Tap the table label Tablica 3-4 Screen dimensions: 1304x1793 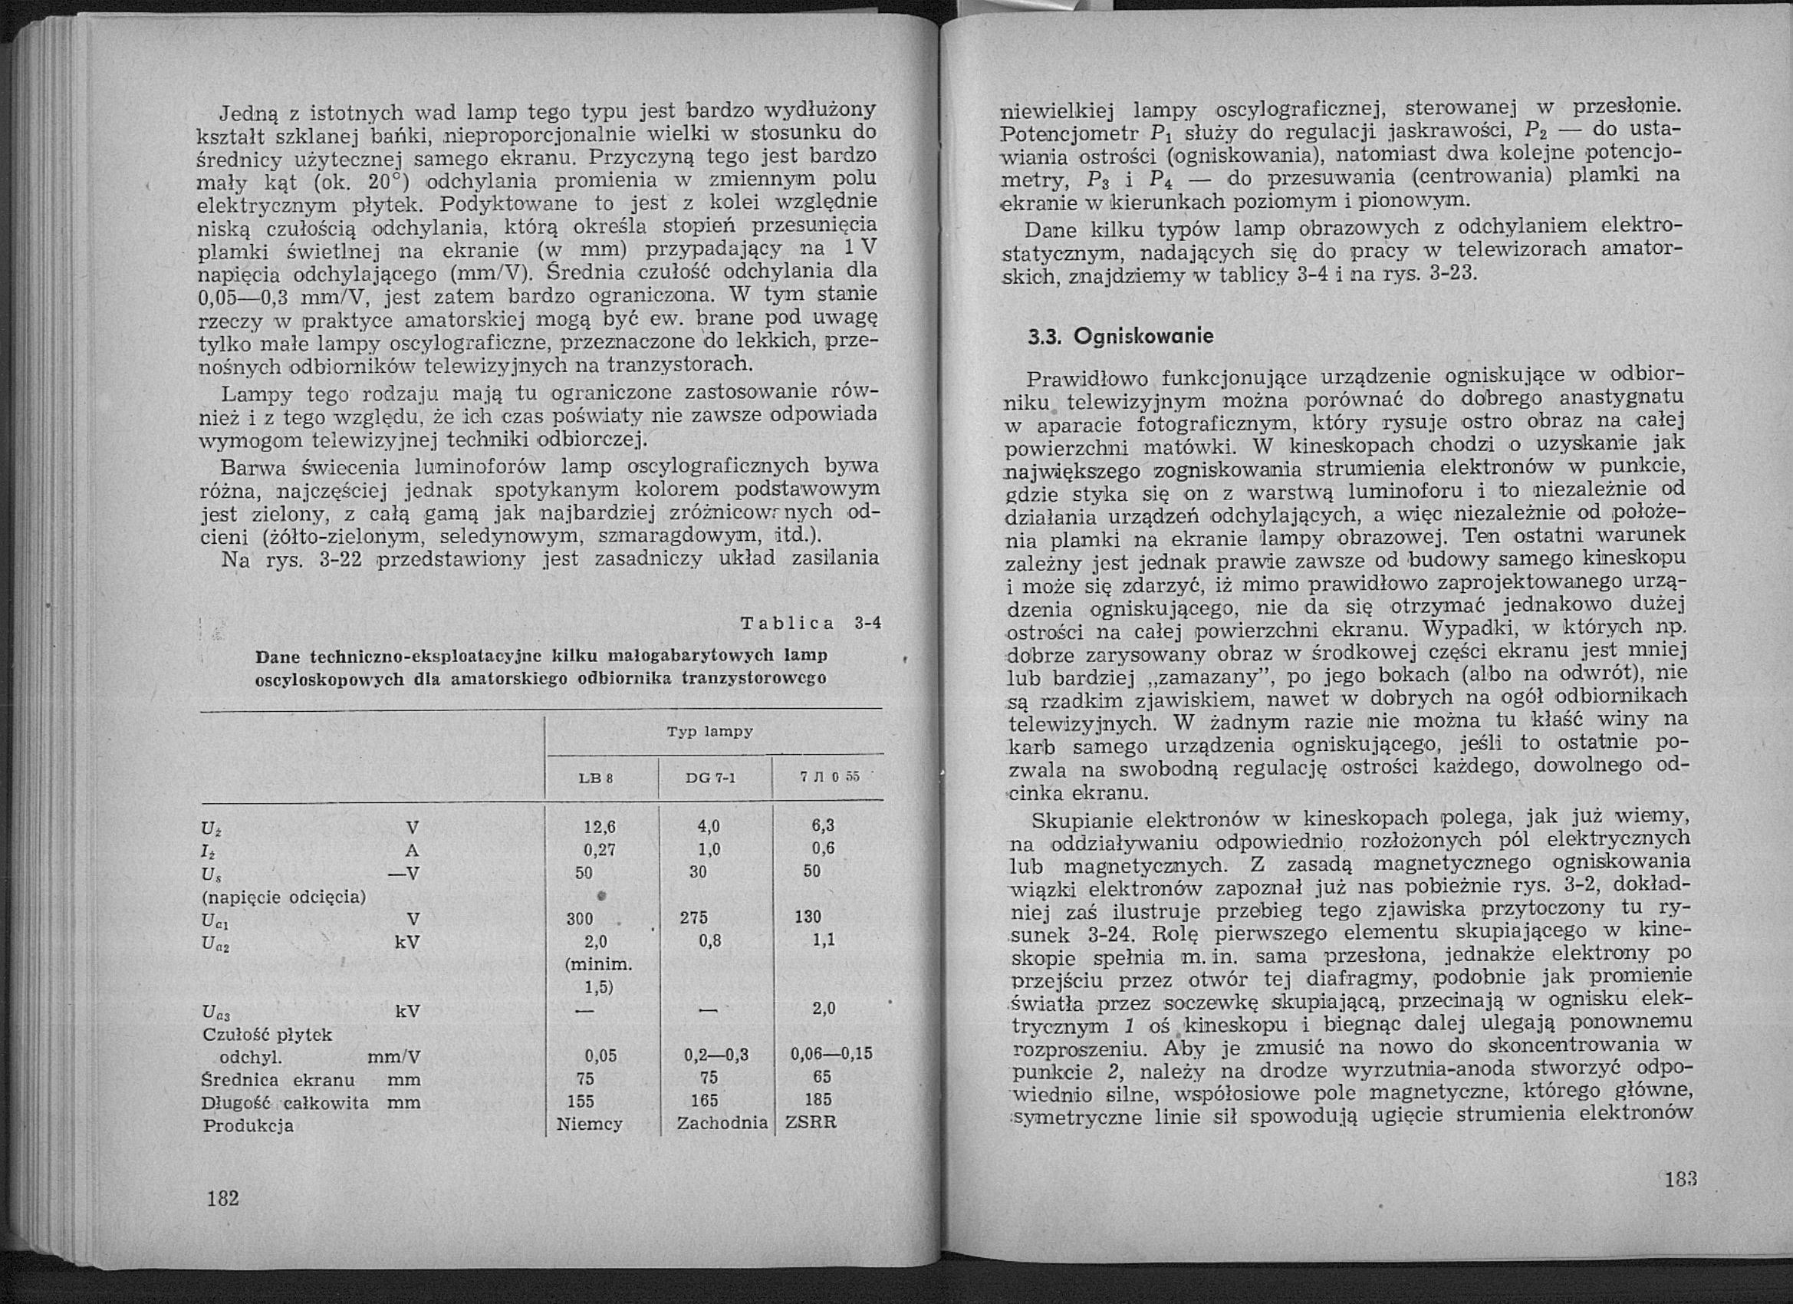click(x=810, y=623)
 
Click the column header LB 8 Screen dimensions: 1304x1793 click(x=597, y=778)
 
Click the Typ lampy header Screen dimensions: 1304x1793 click(x=710, y=733)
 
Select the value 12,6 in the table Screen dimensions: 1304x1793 click(x=599, y=827)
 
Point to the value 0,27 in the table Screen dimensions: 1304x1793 click(x=599, y=849)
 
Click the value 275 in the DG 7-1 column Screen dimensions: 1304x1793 click(x=693, y=918)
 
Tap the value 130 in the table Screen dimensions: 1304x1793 click(x=808, y=917)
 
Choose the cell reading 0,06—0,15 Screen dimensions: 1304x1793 click(x=831, y=1054)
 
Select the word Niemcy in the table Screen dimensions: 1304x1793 click(x=590, y=1123)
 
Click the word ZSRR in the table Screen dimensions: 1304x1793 click(x=810, y=1123)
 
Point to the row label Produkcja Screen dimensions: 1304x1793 click(x=248, y=1125)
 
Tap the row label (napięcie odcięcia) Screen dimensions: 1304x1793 click(x=284, y=897)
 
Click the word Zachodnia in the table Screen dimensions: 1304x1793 click(x=722, y=1123)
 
